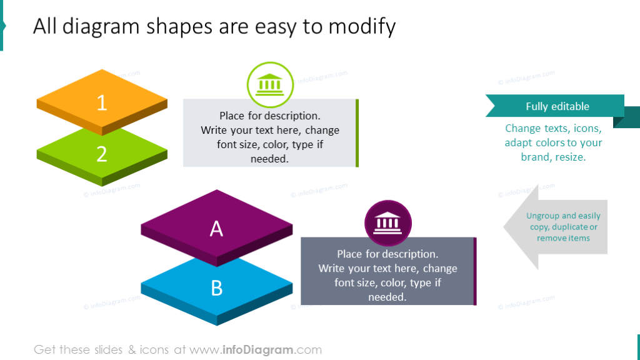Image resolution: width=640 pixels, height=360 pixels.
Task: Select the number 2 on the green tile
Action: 102,154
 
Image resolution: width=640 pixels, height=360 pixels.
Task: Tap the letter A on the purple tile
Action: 216,229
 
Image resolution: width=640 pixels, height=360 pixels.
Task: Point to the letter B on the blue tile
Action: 216,288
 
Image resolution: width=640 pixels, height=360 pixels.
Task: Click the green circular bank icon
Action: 270,85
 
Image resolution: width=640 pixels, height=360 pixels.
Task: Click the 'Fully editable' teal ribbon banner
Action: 556,106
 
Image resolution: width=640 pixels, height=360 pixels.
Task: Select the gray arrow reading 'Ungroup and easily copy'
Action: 556,227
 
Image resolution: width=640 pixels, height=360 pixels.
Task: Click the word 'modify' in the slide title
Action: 362,27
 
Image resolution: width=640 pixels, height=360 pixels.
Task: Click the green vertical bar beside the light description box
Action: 357,132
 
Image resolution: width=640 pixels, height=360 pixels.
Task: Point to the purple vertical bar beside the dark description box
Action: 475,271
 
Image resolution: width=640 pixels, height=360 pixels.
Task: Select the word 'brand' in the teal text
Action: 535,157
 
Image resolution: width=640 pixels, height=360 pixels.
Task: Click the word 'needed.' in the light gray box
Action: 269,159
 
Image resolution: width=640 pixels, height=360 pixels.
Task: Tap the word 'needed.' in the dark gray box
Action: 387,297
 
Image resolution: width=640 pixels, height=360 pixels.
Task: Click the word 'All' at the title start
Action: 46,27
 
